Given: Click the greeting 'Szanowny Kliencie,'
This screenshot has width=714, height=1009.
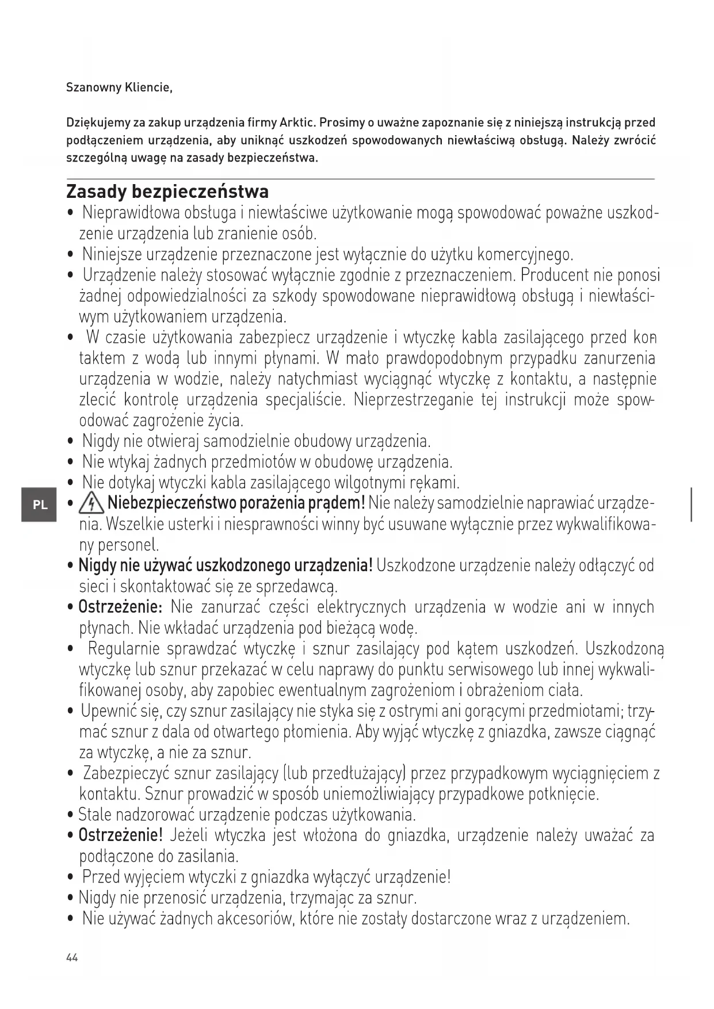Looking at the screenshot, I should pyautogui.click(x=119, y=88).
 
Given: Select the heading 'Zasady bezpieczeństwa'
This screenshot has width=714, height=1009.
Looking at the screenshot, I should pyautogui.click(x=167, y=191).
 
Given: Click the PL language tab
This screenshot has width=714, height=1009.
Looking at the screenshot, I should pyautogui.click(x=39, y=505).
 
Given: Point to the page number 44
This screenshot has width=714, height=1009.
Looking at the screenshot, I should pyautogui.click(x=72, y=958).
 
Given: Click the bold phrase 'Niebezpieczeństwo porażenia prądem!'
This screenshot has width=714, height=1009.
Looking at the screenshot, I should pyautogui.click(x=236, y=504).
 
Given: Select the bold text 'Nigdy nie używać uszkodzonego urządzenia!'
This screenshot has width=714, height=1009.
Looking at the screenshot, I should pyautogui.click(x=226, y=566).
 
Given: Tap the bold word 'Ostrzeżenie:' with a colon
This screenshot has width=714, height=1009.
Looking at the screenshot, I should pyautogui.click(x=121, y=607).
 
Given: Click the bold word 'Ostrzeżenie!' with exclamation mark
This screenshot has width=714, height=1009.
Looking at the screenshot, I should pyautogui.click(x=121, y=835).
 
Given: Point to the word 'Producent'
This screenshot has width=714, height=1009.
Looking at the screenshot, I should pyautogui.click(x=555, y=276).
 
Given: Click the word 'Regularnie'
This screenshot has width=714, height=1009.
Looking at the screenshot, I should pyautogui.click(x=123, y=649).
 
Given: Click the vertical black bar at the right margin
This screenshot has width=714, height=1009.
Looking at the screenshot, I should pyautogui.click(x=691, y=504).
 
